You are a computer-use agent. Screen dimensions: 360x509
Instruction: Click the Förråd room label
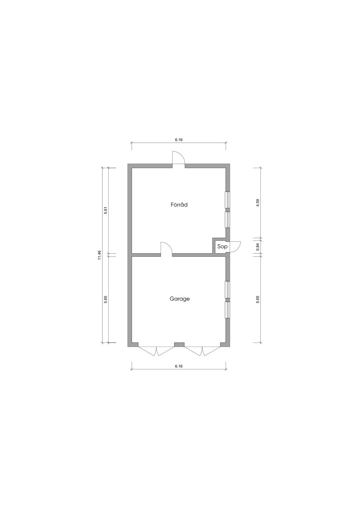(x=179, y=205)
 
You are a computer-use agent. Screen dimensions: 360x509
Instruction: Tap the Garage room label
(x=180, y=299)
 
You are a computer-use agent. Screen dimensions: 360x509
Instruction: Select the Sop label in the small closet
(x=222, y=246)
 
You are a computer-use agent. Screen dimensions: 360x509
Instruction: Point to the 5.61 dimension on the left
(x=105, y=211)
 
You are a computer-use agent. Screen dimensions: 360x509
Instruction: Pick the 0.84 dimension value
(x=257, y=247)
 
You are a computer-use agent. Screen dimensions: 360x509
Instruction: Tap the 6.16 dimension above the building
(x=179, y=140)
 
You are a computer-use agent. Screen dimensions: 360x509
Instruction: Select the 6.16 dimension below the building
(x=179, y=372)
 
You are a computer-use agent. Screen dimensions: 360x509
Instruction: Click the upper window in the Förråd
(x=227, y=200)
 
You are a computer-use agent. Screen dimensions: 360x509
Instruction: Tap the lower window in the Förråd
(x=227, y=220)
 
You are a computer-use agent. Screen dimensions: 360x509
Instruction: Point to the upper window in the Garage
(x=227, y=290)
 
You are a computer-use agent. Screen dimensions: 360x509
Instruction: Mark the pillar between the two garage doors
(x=179, y=345)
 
